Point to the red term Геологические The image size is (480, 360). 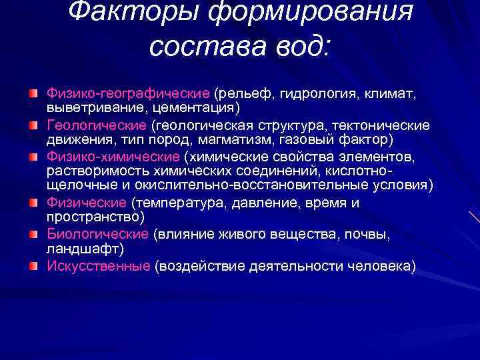[x=98, y=126]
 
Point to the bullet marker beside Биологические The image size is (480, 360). [x=33, y=234]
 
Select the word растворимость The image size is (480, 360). [x=87, y=171]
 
